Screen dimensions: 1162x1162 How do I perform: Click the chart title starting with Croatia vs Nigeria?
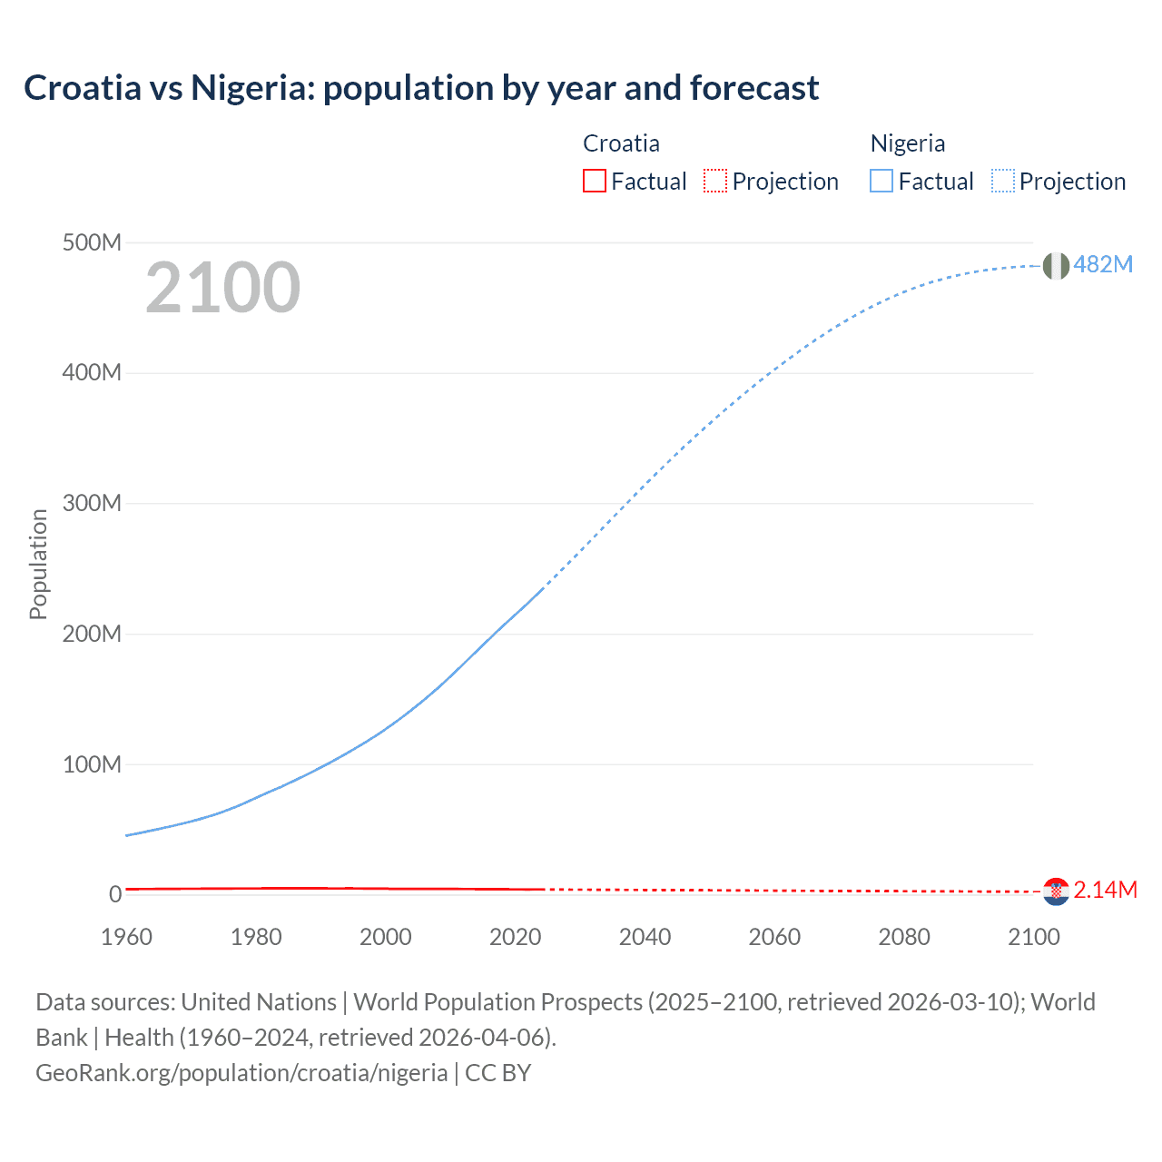tap(421, 88)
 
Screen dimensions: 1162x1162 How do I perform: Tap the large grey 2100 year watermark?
tap(222, 288)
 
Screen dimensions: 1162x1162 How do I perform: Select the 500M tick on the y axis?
tap(92, 242)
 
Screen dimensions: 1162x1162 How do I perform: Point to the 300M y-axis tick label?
tap(92, 503)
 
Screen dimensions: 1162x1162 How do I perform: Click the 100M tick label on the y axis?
tap(92, 764)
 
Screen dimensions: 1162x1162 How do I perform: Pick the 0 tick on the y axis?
tap(115, 894)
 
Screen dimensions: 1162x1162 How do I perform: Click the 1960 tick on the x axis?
tap(126, 937)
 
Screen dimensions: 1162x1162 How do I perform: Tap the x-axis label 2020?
tap(515, 937)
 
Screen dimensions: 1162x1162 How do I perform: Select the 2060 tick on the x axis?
tap(774, 937)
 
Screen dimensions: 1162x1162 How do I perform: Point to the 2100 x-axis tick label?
tap(1033, 937)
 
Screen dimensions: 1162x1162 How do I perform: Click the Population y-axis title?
tap(38, 564)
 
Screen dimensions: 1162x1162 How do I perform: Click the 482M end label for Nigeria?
tap(1103, 264)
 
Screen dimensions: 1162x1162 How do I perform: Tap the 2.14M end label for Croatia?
tap(1105, 890)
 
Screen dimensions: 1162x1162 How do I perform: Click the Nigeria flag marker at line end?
tap(1056, 266)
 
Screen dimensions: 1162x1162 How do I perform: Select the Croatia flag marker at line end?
tap(1056, 891)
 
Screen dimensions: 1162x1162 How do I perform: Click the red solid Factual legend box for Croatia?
tap(594, 182)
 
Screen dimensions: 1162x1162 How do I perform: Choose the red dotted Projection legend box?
tap(715, 182)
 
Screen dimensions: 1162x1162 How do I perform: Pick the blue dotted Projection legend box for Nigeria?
tap(1003, 182)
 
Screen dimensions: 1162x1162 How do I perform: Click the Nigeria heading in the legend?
tap(908, 143)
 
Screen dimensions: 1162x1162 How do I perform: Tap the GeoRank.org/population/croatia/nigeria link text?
tap(241, 1073)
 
